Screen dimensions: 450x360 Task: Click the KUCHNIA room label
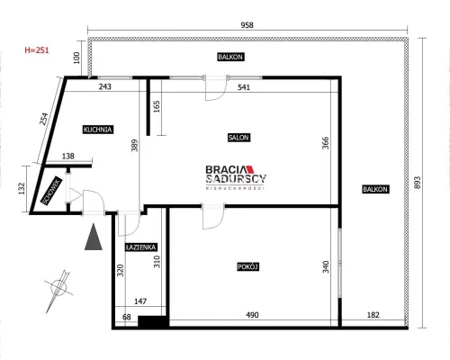[98, 130]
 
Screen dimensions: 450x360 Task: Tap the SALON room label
[238, 138]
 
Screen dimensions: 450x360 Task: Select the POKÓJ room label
[248, 266]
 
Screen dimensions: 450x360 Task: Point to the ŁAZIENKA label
[140, 247]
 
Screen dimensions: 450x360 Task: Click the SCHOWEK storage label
[52, 191]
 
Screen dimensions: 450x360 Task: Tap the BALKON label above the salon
[230, 57]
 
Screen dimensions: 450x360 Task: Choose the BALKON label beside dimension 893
[375, 189]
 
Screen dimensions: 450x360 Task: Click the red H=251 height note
[37, 50]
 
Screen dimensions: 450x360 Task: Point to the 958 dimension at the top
[247, 25]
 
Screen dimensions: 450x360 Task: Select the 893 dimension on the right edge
[418, 183]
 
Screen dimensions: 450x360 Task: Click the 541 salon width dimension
[244, 87]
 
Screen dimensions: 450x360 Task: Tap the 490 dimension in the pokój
[252, 315]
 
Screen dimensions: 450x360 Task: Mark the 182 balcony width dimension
[373, 315]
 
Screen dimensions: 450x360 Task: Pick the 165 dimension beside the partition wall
[157, 106]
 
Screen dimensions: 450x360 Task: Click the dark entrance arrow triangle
[94, 237]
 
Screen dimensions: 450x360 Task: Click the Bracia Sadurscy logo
[236, 177]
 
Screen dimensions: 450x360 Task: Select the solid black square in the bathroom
[152, 321]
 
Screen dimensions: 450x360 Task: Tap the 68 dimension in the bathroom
[127, 317]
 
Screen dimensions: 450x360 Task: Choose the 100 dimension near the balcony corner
[76, 58]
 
